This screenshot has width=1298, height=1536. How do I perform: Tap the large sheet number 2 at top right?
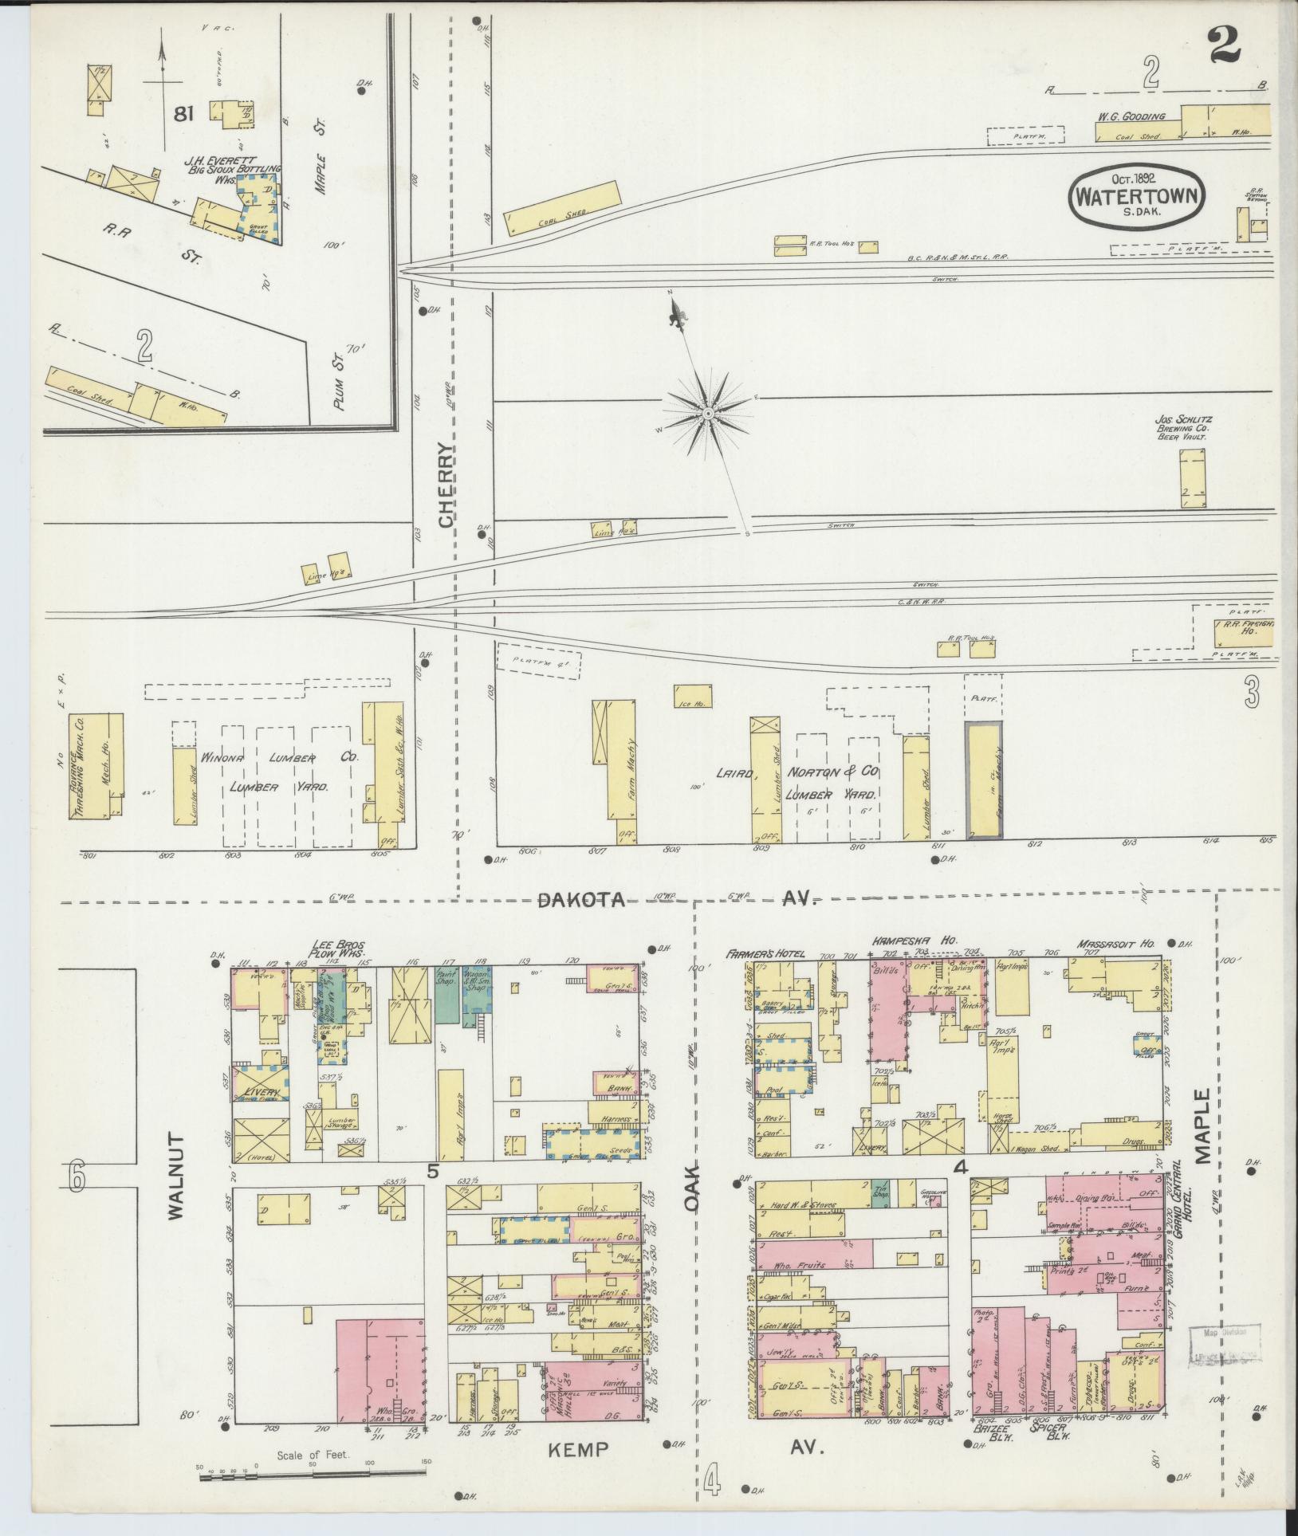1225,43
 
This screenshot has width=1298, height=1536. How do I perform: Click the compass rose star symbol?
707,414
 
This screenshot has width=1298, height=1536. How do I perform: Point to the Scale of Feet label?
313,1455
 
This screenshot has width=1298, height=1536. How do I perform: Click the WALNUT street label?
175,1188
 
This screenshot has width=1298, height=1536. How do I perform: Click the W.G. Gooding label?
1131,116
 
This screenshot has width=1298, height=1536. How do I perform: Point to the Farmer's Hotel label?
765,953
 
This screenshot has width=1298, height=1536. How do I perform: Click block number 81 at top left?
183,114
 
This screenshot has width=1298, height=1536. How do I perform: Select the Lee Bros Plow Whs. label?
339,949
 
